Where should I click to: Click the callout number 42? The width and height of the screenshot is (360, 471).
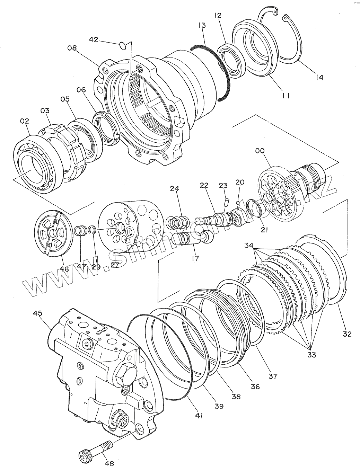coord(94,40)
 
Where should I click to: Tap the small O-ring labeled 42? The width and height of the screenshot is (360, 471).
coord(123,46)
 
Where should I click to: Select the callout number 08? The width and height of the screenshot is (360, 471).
coord(72,48)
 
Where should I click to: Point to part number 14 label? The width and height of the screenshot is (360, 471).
coord(320,77)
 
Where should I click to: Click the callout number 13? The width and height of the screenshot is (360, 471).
coord(202,25)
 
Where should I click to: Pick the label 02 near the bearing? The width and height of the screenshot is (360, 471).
coord(25,121)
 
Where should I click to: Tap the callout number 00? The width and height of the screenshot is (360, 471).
coord(260,151)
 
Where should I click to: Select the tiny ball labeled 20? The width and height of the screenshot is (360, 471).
coord(238,203)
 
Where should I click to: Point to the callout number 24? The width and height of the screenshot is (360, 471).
coord(175,189)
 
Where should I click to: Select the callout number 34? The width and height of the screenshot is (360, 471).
coord(249,245)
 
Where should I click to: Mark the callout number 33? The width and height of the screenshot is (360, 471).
coord(312,355)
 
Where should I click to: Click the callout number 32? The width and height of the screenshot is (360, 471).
coord(347,334)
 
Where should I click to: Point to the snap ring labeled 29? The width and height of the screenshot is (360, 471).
coord(92,230)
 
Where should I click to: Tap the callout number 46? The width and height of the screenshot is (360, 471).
coord(64,269)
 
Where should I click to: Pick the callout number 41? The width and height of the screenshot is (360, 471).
coord(199,416)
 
